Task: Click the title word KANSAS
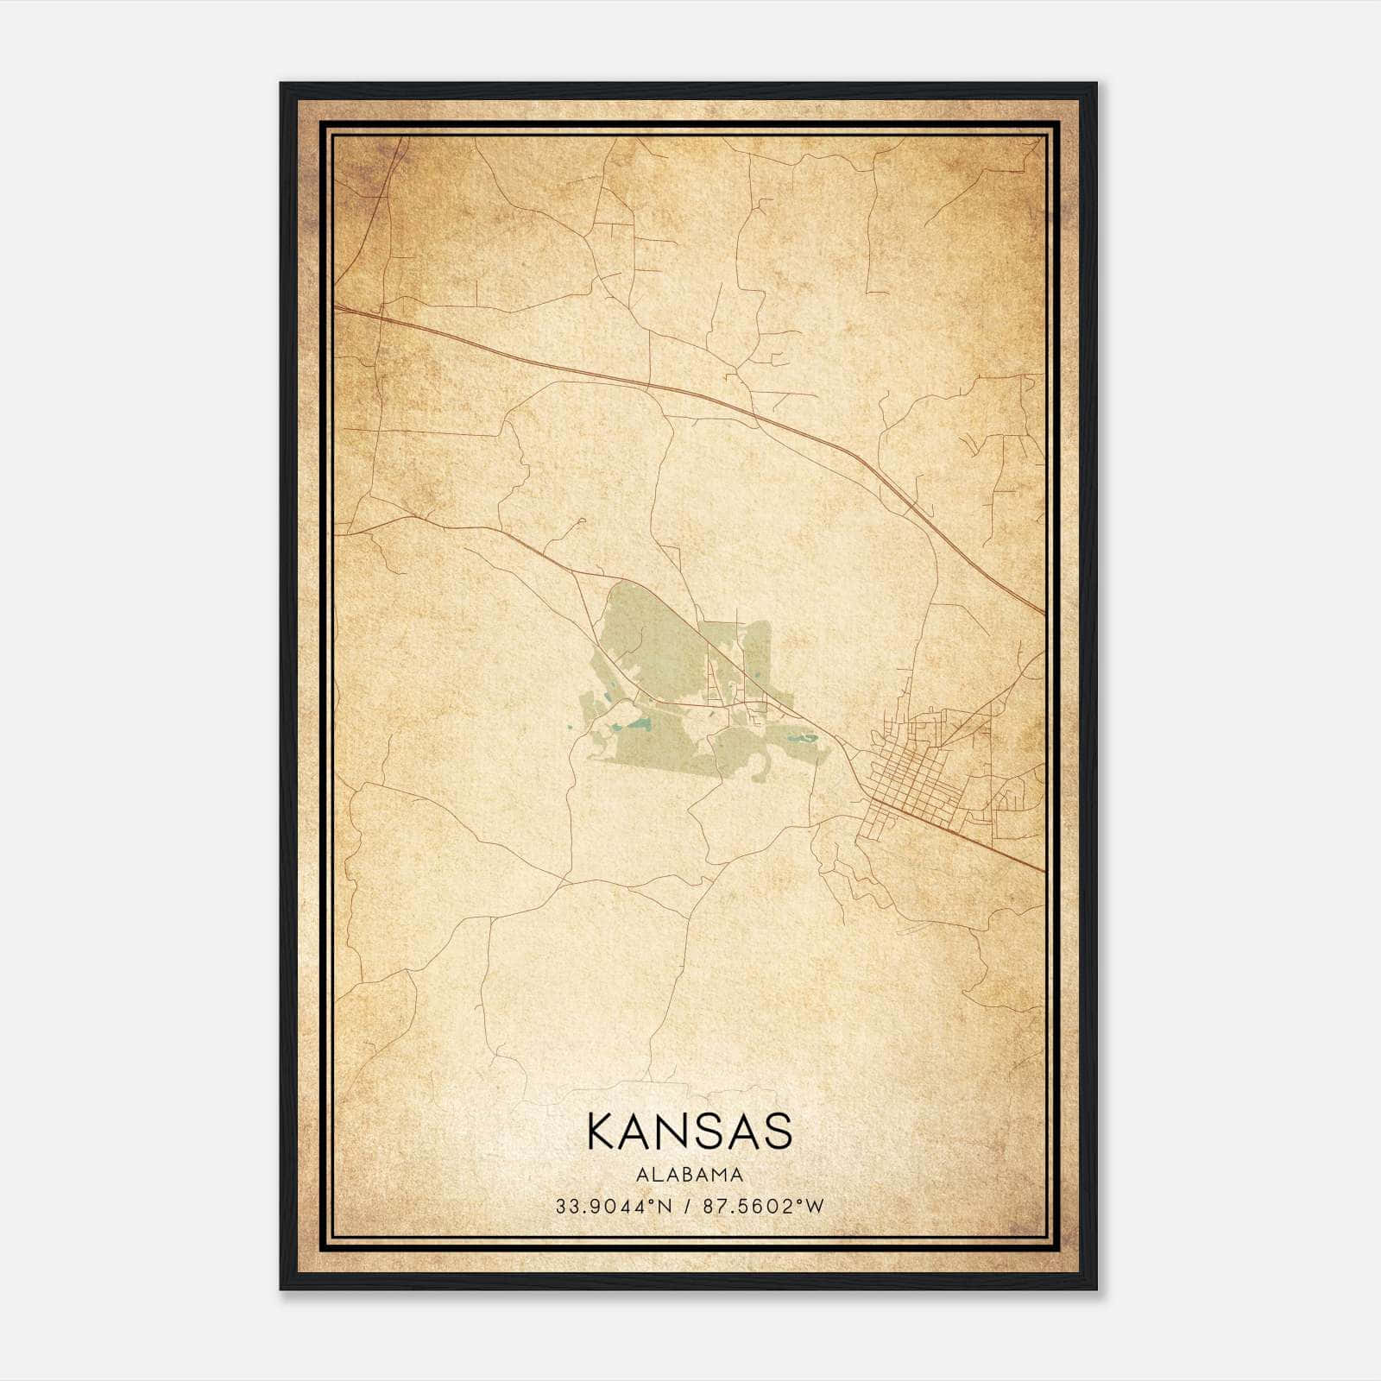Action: click(x=690, y=1132)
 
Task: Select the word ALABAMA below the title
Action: click(x=690, y=1175)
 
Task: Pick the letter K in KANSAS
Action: click(x=600, y=1132)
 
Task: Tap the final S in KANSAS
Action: click(x=779, y=1132)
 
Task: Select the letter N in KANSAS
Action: click(x=673, y=1132)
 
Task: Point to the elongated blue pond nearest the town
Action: click(x=804, y=739)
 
